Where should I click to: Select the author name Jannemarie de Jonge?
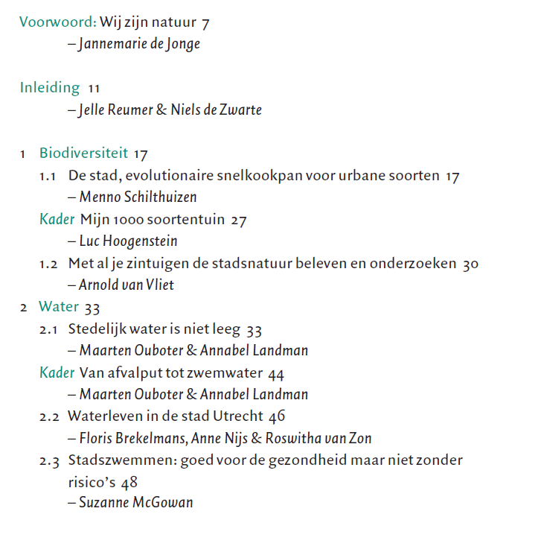(x=139, y=44)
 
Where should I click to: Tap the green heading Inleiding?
(x=50, y=88)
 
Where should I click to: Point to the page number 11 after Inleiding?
(x=94, y=89)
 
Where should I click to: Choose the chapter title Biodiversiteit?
(x=84, y=154)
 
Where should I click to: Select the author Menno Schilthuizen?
(x=138, y=197)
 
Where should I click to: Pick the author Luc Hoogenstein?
(x=128, y=241)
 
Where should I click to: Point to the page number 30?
(x=470, y=264)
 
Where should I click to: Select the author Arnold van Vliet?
(x=127, y=285)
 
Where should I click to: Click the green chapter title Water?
(x=59, y=307)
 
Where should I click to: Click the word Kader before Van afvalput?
(x=57, y=372)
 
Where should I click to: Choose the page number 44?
(x=276, y=373)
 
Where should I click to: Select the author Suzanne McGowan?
(x=136, y=503)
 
